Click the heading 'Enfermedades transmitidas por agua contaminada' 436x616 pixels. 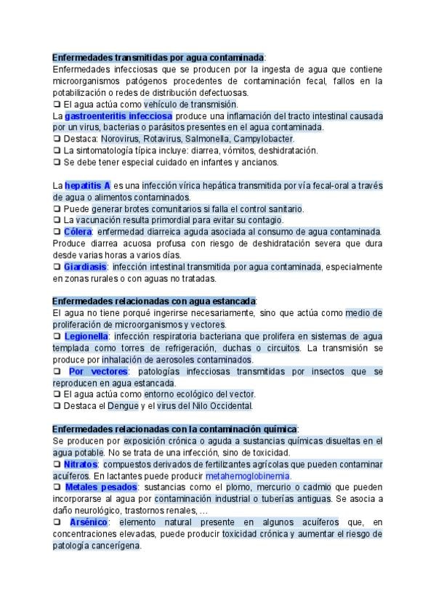coord(158,57)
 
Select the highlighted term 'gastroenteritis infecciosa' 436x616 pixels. coord(118,115)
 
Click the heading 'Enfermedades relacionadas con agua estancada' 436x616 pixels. coord(154,301)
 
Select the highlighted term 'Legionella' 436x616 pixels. coord(86,336)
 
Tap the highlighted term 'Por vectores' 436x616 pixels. coord(97,371)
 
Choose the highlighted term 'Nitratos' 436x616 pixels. coord(80,463)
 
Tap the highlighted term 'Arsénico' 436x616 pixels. coord(88,522)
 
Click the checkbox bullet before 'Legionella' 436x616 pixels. coord(57,336)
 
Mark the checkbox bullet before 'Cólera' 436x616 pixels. coord(57,232)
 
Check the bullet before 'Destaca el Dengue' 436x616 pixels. coord(57,406)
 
